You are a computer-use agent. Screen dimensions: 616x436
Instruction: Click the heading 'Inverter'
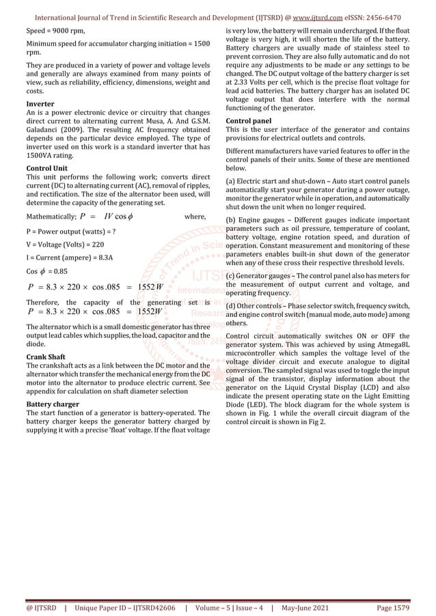point(40,104)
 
